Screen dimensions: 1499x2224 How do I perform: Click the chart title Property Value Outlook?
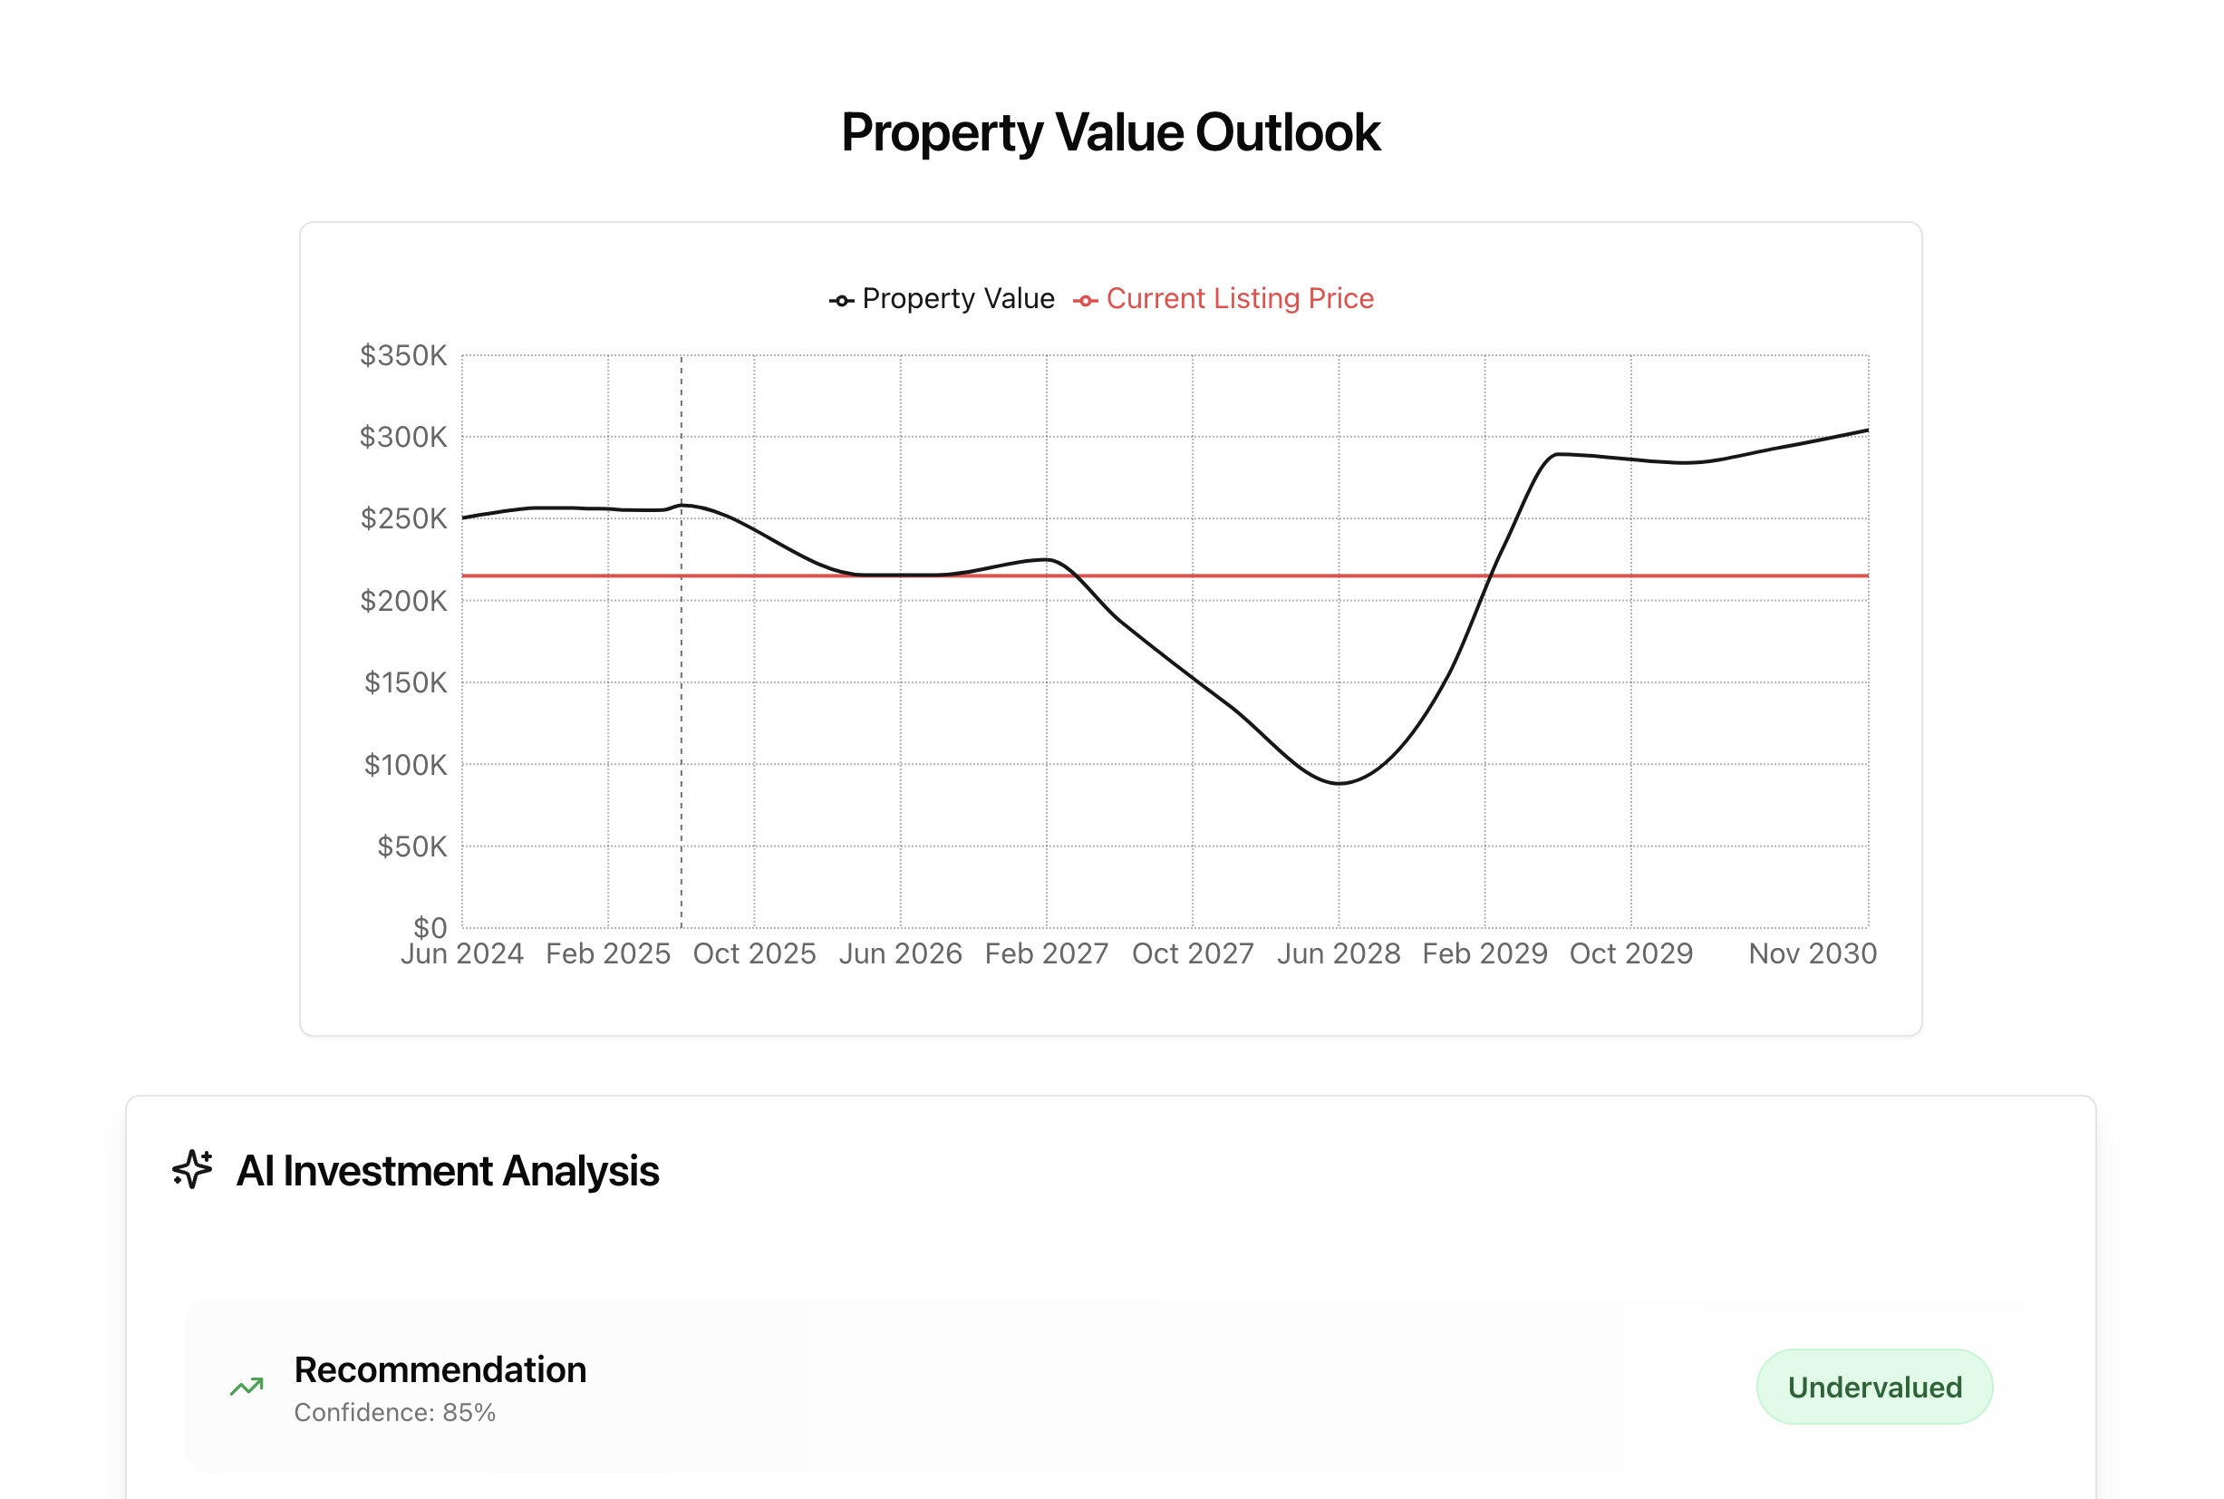[1110, 132]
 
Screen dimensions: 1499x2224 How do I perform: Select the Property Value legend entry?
[942, 299]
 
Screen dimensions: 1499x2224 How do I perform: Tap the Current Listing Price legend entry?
[1224, 299]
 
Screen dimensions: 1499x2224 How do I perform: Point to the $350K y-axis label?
[402, 355]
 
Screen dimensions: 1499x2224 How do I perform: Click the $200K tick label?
[402, 600]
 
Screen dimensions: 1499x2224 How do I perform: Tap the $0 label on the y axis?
[430, 926]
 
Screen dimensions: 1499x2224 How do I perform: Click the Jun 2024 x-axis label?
[461, 954]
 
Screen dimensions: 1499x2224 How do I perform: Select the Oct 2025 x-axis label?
[754, 954]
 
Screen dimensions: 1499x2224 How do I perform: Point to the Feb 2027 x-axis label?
[1047, 954]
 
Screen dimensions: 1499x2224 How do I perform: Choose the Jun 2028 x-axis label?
[1339, 954]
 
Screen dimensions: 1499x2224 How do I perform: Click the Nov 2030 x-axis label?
[1812, 954]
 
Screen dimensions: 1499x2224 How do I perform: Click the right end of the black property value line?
[1868, 430]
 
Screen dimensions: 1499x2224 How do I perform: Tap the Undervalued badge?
[1874, 1387]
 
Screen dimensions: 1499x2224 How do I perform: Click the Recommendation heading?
[440, 1369]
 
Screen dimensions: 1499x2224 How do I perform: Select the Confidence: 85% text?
[395, 1412]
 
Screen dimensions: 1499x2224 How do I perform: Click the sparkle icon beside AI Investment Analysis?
[192, 1169]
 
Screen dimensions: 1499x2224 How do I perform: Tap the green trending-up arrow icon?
[247, 1387]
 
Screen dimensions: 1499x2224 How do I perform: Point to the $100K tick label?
[404, 765]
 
